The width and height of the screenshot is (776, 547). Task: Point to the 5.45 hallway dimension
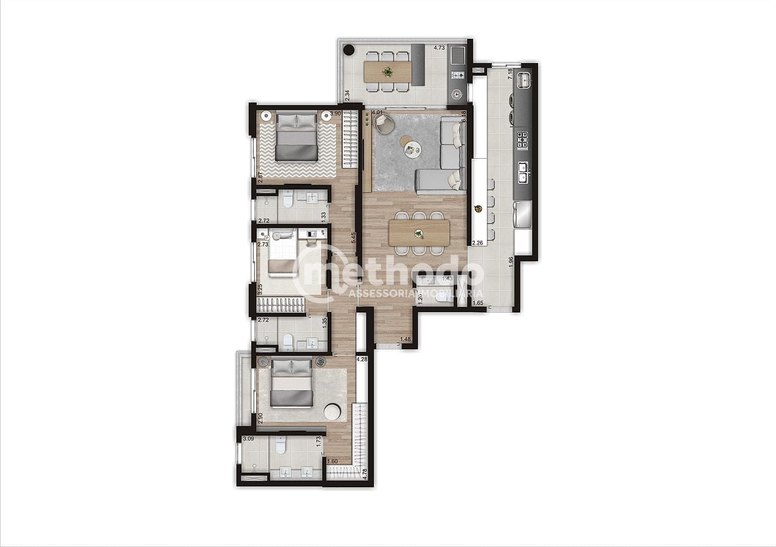[x=354, y=238]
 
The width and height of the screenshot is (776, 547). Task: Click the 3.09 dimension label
[x=248, y=439]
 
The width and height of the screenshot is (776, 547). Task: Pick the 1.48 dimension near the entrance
[x=405, y=339]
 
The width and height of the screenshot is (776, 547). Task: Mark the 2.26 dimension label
[x=477, y=243]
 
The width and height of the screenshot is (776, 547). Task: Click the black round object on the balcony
[x=349, y=51]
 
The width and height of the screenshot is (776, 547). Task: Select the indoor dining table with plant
[x=419, y=233]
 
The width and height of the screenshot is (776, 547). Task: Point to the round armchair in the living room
[x=383, y=123]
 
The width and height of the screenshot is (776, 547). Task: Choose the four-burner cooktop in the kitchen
[x=522, y=139]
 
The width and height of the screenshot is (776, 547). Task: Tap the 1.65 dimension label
[x=478, y=303]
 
